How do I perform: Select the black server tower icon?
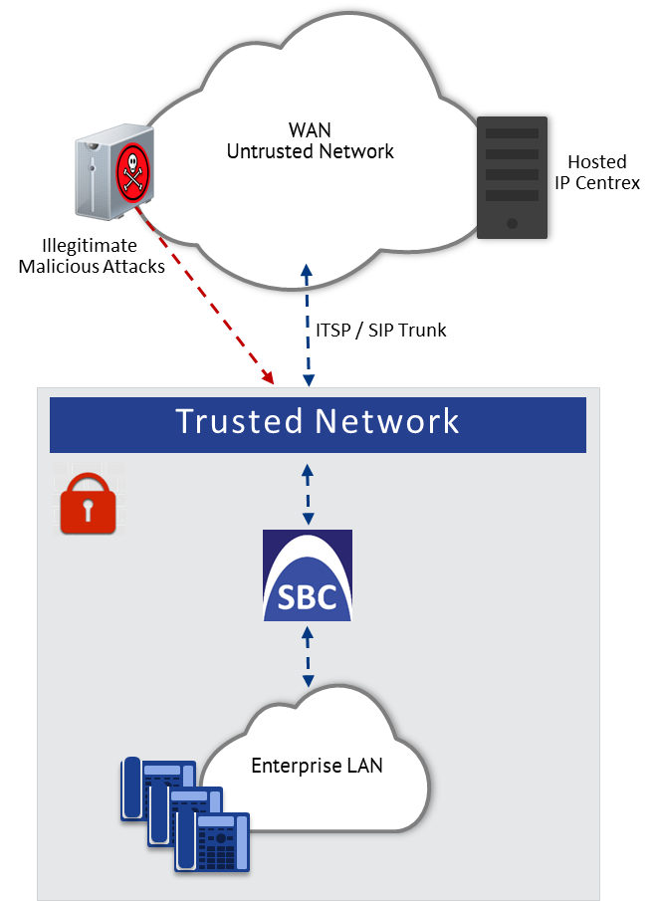512,177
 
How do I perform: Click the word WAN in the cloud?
310,130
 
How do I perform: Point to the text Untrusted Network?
310,152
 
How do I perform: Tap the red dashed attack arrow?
208,299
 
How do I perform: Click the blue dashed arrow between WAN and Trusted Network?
308,324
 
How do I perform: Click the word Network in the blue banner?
387,421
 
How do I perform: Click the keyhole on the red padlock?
89,511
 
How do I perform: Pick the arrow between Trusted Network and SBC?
308,493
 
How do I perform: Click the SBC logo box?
308,575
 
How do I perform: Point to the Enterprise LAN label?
317,766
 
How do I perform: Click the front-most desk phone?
212,841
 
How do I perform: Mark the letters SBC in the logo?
308,599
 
